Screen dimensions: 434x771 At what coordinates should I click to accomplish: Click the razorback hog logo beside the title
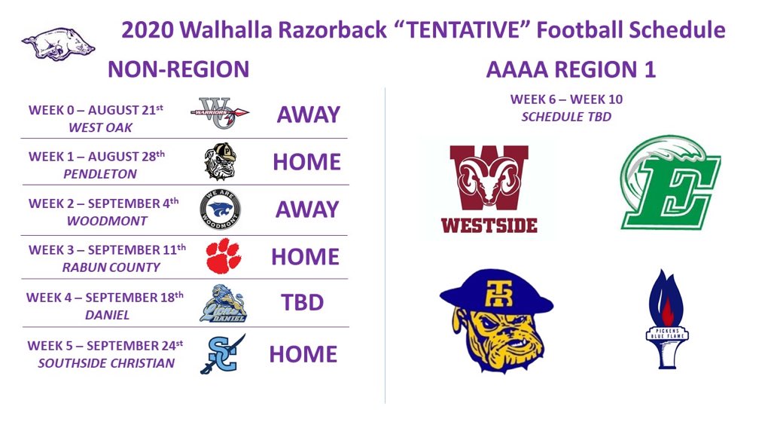(58, 44)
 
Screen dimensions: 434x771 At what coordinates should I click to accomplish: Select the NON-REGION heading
(178, 69)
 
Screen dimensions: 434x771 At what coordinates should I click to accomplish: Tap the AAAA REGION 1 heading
(571, 69)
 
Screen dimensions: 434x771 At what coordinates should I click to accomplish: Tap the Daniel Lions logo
(223, 303)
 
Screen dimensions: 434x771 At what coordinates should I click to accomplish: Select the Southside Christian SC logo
(222, 353)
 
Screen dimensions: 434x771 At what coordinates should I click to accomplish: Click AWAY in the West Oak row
(308, 115)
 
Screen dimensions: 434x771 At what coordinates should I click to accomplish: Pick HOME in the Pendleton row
(306, 163)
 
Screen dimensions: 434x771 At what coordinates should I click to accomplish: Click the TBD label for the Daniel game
(302, 303)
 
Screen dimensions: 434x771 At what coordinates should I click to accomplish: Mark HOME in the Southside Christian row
(303, 354)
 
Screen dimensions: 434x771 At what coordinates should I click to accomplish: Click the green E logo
(669, 183)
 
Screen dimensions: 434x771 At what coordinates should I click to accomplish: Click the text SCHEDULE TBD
(566, 117)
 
